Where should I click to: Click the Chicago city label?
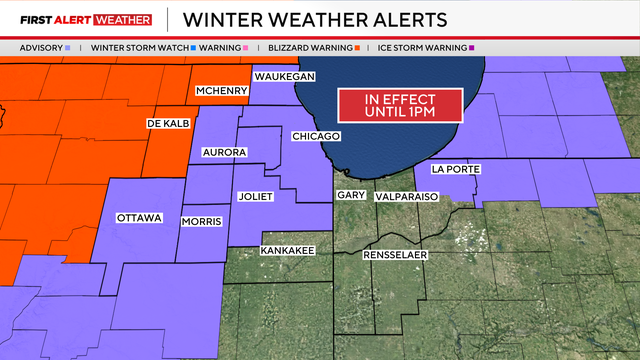click(316, 136)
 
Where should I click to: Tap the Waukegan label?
click(285, 77)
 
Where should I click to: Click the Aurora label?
click(223, 152)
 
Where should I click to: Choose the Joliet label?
click(256, 196)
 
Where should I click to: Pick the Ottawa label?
click(139, 218)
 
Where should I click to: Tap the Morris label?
click(201, 221)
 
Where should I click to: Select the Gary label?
click(350, 195)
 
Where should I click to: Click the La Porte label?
click(455, 169)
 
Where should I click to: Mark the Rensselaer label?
click(395, 256)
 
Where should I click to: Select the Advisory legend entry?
click(45, 47)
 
